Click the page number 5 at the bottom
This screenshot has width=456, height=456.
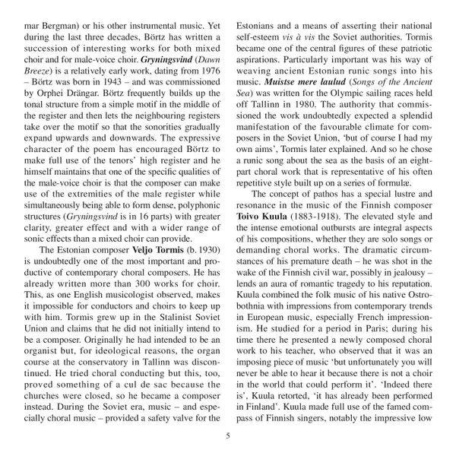(227, 435)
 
